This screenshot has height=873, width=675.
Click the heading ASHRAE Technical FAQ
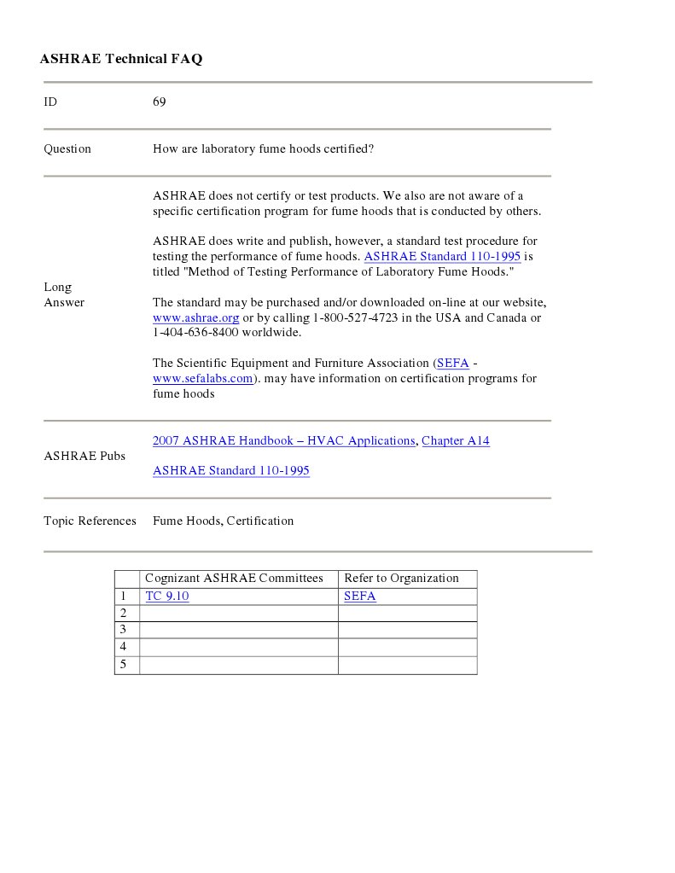pos(121,59)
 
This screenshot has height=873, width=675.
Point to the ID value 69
pos(160,102)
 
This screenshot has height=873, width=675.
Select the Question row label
pos(67,149)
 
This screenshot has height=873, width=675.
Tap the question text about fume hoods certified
pos(263,149)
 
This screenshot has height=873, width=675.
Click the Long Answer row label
pos(64,294)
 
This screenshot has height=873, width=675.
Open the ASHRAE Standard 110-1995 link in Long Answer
pos(442,257)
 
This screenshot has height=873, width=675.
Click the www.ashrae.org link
pos(195,318)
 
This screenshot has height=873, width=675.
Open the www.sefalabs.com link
pos(203,379)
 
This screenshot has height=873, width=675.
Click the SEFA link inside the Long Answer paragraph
pos(452,364)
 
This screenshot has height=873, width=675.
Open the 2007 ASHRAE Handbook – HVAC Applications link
pos(283,441)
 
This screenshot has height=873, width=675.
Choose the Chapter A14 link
pos(456,441)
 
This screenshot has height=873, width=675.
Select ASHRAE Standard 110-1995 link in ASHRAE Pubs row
pos(230,471)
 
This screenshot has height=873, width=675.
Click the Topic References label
pos(90,521)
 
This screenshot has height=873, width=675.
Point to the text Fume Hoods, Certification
pos(223,521)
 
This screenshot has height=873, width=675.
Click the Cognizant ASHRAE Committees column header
pos(234,579)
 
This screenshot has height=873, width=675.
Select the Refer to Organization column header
pos(401,579)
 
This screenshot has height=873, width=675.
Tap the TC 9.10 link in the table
pos(167,597)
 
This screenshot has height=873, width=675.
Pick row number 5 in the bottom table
pos(124,665)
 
